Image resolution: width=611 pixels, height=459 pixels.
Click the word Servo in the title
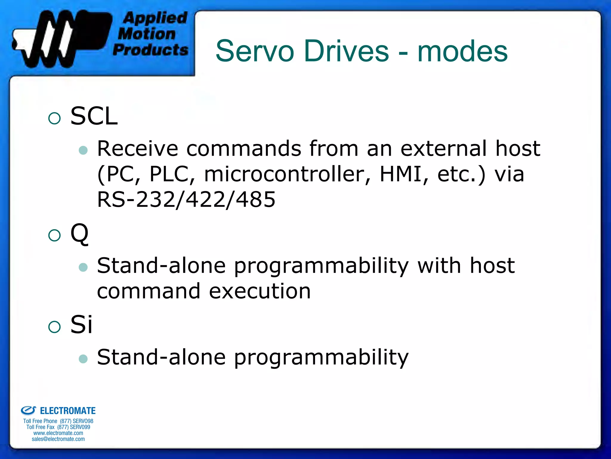click(x=255, y=51)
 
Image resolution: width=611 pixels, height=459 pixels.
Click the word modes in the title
click(x=462, y=51)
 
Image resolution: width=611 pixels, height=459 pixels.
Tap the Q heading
click(x=79, y=234)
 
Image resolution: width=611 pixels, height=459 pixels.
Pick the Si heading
click(x=81, y=325)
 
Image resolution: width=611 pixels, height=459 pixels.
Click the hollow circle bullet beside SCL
click(x=54, y=118)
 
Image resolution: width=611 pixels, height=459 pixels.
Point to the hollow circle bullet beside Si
click(x=54, y=327)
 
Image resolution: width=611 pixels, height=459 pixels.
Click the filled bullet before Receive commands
click(x=83, y=150)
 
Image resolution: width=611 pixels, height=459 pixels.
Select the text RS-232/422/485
click(x=186, y=200)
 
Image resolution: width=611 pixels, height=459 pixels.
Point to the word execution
click(x=260, y=291)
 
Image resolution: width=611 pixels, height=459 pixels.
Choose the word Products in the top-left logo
click(x=151, y=50)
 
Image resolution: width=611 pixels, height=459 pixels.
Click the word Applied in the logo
click(x=155, y=18)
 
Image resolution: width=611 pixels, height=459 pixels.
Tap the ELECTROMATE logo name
click(x=68, y=411)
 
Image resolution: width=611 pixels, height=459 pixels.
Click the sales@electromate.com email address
click(x=58, y=439)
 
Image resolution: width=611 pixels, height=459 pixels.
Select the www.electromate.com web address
click(x=58, y=433)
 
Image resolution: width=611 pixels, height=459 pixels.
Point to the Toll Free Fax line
click(x=58, y=427)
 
